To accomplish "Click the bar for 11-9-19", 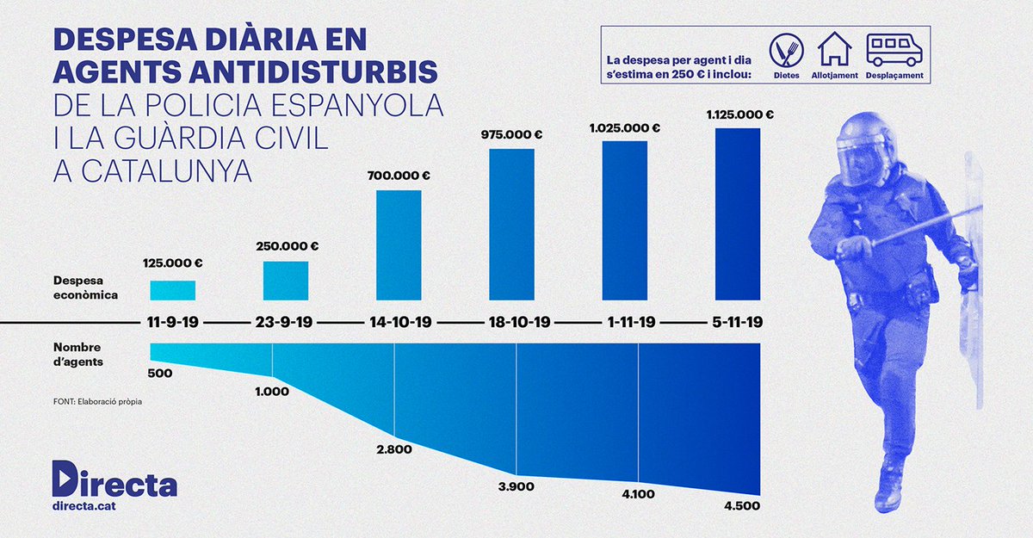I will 172,291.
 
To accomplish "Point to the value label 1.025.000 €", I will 624,127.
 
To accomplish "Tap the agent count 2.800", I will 394,449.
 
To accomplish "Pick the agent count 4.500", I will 741,506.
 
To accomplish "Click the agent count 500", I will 160,374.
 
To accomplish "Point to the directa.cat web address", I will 84,508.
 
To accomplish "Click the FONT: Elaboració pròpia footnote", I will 97,401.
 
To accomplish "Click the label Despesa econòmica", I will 85,288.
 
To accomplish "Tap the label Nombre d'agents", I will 78,355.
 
